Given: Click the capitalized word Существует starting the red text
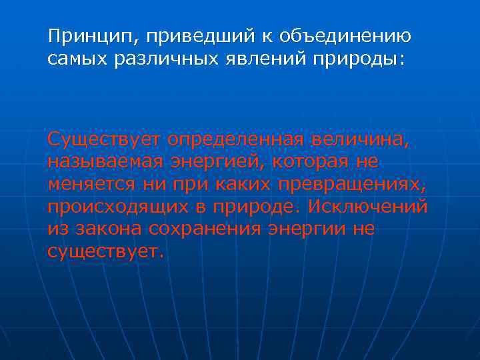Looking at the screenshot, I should coord(104,140).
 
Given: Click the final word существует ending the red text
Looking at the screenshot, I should coord(104,252).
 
